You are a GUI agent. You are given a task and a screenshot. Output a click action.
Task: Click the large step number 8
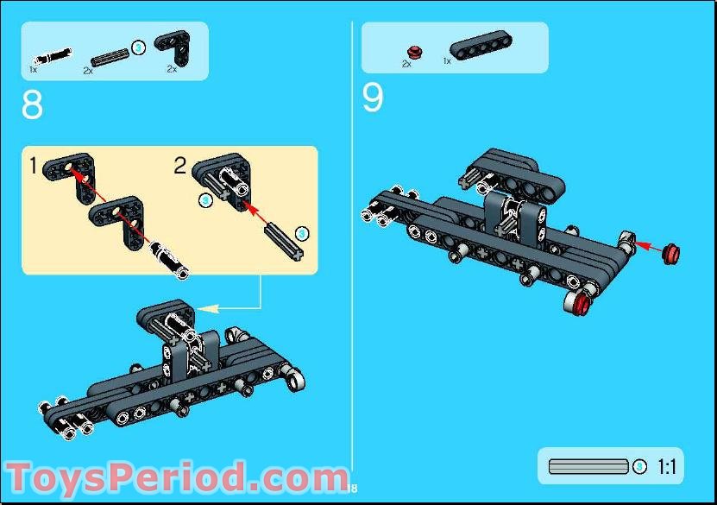(32, 105)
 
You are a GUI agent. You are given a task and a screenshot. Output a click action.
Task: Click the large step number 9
(372, 98)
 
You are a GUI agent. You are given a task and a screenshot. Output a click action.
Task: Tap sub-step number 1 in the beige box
(34, 166)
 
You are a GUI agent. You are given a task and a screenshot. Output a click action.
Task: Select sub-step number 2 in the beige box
(179, 166)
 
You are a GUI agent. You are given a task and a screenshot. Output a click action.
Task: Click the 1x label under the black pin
(34, 69)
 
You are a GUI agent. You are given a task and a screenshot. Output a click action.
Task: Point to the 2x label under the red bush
(406, 64)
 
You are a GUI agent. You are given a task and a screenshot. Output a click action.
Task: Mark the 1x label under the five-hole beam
(446, 62)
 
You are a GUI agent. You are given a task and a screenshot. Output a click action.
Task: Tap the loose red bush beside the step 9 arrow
(671, 253)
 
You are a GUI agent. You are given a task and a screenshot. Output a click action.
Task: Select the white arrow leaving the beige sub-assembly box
(229, 306)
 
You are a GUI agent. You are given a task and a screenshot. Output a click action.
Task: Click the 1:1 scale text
(666, 467)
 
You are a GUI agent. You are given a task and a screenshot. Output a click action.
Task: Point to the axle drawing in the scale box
(588, 467)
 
